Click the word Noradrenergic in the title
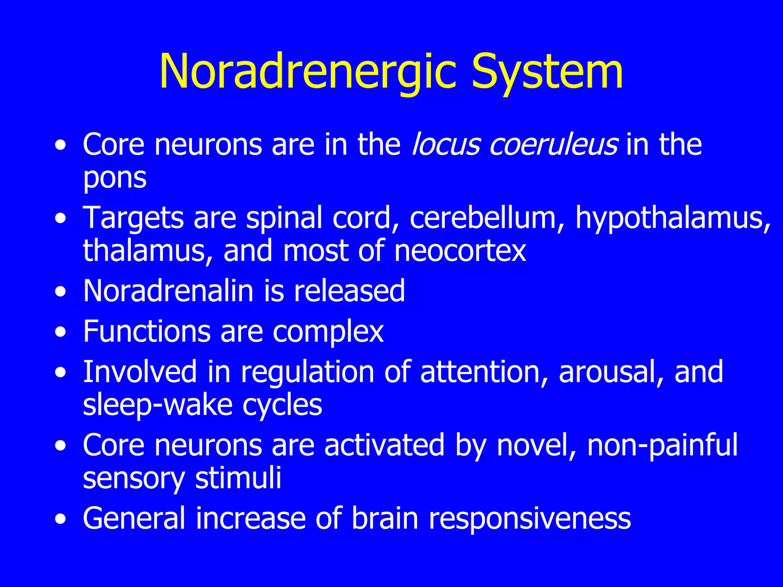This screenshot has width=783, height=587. (x=308, y=72)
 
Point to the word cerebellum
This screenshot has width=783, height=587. (x=482, y=218)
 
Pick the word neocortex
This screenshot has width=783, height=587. (x=460, y=251)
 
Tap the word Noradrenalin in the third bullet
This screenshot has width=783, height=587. (x=168, y=291)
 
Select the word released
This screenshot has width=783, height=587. (x=349, y=291)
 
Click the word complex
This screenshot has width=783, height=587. (x=328, y=331)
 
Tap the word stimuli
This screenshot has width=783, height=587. (x=238, y=478)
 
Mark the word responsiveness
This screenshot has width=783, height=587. (x=530, y=519)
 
